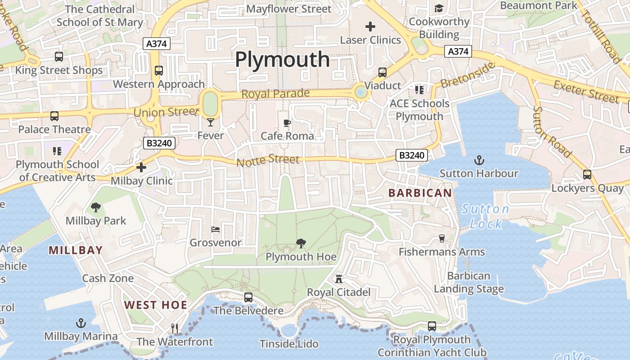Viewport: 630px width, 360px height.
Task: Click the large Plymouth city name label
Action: click(282, 59)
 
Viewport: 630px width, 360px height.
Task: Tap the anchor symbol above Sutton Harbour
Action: click(479, 160)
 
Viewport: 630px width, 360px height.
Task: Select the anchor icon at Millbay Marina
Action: click(81, 323)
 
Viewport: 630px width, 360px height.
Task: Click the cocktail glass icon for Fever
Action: click(210, 122)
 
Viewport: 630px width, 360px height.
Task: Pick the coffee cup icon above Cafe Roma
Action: click(287, 123)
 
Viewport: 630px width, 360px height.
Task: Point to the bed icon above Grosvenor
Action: click(216, 229)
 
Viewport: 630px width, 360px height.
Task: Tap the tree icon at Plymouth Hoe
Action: click(301, 243)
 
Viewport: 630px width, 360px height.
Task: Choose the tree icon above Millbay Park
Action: click(95, 207)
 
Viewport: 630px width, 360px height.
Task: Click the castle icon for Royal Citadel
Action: click(338, 279)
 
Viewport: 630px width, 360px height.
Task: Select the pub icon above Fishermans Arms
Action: click(441, 238)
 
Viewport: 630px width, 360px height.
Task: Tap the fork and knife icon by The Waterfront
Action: click(175, 328)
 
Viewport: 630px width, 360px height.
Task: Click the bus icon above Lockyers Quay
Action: click(587, 175)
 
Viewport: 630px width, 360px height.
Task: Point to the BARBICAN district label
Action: click(420, 193)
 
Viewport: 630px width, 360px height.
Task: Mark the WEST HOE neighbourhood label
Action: click(156, 305)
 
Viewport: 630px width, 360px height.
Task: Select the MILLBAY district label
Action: click(76, 250)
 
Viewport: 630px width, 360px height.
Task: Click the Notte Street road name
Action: click(268, 160)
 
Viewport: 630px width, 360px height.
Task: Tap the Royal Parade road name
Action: click(275, 94)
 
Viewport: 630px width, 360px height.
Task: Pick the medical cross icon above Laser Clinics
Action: click(370, 27)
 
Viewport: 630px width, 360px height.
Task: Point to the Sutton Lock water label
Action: click(486, 216)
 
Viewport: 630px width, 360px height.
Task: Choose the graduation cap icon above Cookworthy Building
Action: click(439, 9)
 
